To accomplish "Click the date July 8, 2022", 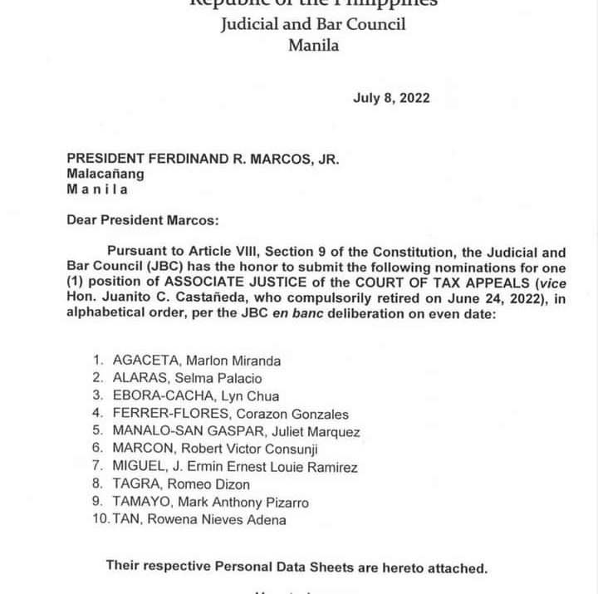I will click(391, 98).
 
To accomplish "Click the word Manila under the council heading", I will click(313, 46).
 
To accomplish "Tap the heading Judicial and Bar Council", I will click(313, 23).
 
